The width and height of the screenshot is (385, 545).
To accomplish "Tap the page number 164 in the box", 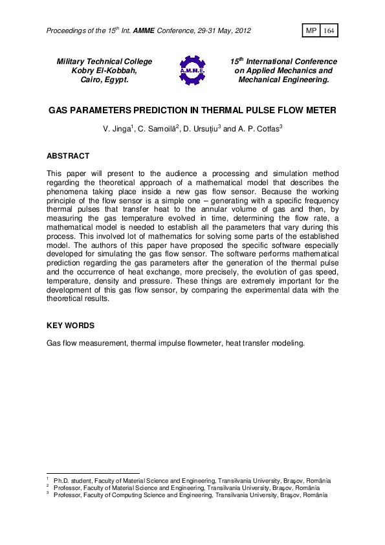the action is (329, 31).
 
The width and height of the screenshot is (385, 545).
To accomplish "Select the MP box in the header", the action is (311, 31).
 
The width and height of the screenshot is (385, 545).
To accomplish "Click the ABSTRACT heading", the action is (68, 156).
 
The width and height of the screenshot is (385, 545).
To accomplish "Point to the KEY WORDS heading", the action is (71, 326).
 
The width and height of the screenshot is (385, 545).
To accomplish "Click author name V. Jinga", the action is (116, 129).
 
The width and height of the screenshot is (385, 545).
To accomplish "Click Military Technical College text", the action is (104, 61).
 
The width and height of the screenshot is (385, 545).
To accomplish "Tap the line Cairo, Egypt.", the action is (104, 80).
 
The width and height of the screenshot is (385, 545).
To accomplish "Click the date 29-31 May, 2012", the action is (219, 31).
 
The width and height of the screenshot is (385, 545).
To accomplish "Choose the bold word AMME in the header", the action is (163, 31).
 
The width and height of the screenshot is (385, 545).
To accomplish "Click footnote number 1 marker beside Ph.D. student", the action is (48, 480).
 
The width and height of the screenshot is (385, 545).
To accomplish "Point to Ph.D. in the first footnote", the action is (61, 482).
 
